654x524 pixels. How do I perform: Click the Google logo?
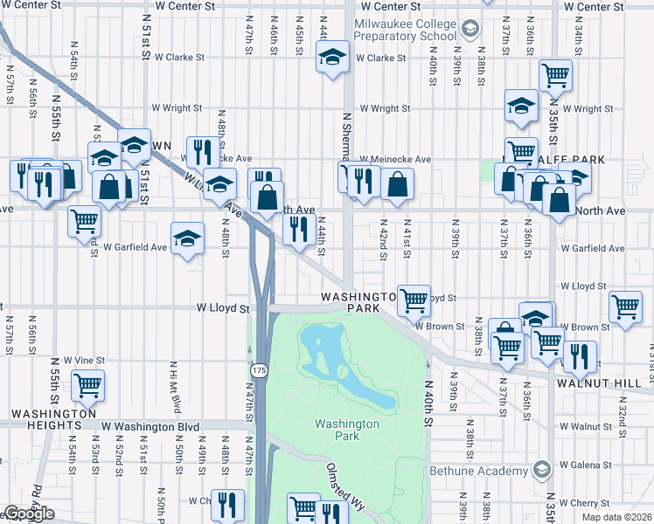pos(28,514)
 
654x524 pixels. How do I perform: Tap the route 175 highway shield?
pos(260,372)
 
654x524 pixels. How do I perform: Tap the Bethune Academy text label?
pos(478,471)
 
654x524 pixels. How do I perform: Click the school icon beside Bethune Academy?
pos(541,471)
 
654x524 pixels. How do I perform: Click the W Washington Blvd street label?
pos(150,426)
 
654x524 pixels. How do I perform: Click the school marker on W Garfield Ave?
pos(186,238)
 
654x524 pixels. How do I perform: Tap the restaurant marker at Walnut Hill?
pos(579,355)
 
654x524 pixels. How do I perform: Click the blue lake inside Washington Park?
pos(344,365)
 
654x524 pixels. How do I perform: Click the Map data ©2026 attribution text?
pos(617,517)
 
